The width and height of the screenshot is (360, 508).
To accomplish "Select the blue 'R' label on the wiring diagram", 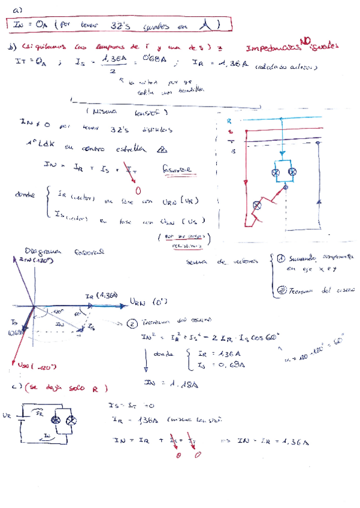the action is [230, 121].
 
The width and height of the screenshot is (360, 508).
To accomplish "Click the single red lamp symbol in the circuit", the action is [258, 205].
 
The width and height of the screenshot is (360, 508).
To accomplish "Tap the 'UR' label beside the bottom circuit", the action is [7, 414].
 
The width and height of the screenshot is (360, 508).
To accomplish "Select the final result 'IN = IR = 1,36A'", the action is [273, 442].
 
